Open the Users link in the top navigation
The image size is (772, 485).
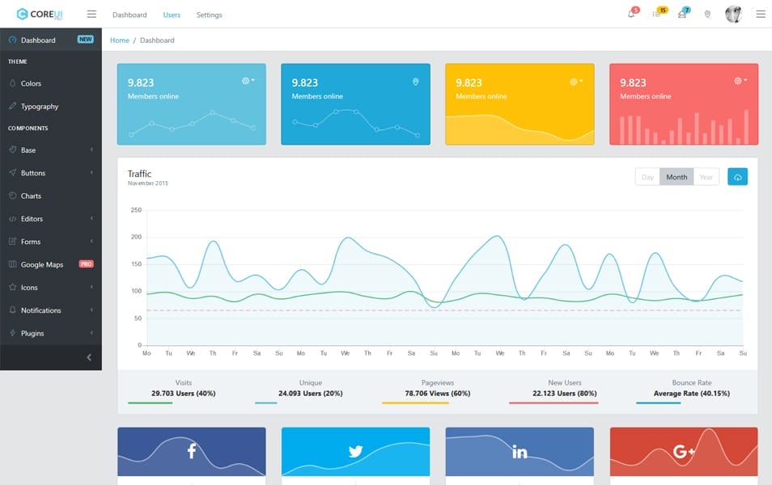172,15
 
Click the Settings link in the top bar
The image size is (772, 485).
209,15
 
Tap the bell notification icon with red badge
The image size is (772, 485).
631,14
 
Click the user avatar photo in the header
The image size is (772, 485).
733,14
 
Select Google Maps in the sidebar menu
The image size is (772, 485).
42,264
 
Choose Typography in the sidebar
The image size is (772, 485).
40,106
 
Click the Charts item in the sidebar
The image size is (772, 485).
31,196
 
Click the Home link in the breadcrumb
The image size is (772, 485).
119,40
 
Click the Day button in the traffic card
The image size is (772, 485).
647,177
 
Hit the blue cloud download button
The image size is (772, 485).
737,177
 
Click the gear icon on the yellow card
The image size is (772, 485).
575,82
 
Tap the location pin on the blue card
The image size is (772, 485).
416,82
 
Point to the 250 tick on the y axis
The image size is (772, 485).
136,210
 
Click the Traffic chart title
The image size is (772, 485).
139,174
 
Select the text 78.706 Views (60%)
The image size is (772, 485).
438,394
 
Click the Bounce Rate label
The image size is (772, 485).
691,382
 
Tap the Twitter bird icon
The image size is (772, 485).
355,451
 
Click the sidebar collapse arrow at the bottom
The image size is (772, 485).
89,357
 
